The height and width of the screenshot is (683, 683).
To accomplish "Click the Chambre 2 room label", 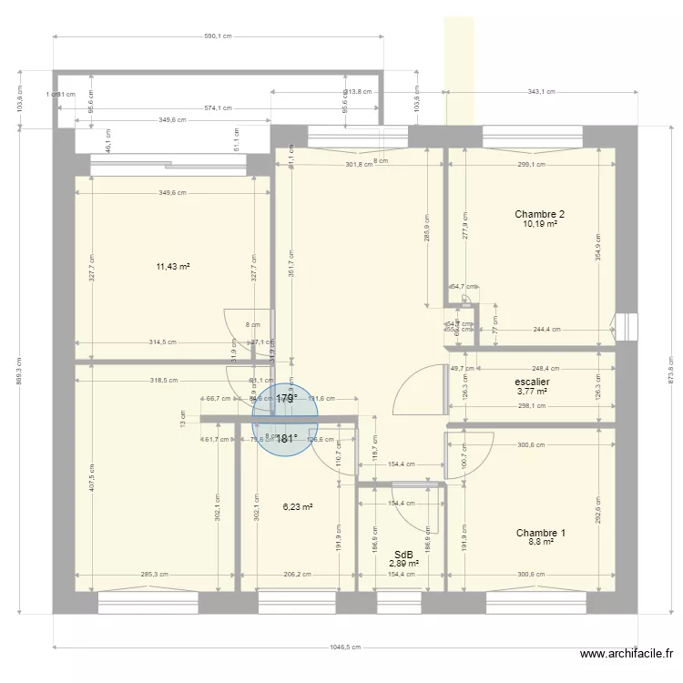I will pos(539,214).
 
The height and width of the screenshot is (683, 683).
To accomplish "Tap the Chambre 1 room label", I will pos(541,533).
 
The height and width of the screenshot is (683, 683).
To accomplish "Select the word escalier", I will pos(531,382).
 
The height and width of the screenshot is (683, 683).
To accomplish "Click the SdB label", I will pos(403,554).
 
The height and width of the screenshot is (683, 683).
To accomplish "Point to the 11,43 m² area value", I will pos(172,267).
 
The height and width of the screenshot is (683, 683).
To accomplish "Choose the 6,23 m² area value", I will pos(297,507).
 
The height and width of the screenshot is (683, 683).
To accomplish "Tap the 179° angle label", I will pos(287,398).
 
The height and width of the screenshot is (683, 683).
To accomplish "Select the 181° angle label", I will pos(287,437).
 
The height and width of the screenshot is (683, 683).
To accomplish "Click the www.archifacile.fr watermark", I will pos(627,654).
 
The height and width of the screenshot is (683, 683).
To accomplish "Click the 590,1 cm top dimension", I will pos(218,36).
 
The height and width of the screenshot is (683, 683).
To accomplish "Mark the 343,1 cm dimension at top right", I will pos(540,92).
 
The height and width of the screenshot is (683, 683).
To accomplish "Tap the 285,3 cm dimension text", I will pos(153,575).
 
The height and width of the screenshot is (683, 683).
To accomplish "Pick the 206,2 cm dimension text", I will pos(297,575).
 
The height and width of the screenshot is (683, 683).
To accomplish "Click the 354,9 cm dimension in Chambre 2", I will pos(597,246).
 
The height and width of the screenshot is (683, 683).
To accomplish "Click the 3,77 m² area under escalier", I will pos(531,392).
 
